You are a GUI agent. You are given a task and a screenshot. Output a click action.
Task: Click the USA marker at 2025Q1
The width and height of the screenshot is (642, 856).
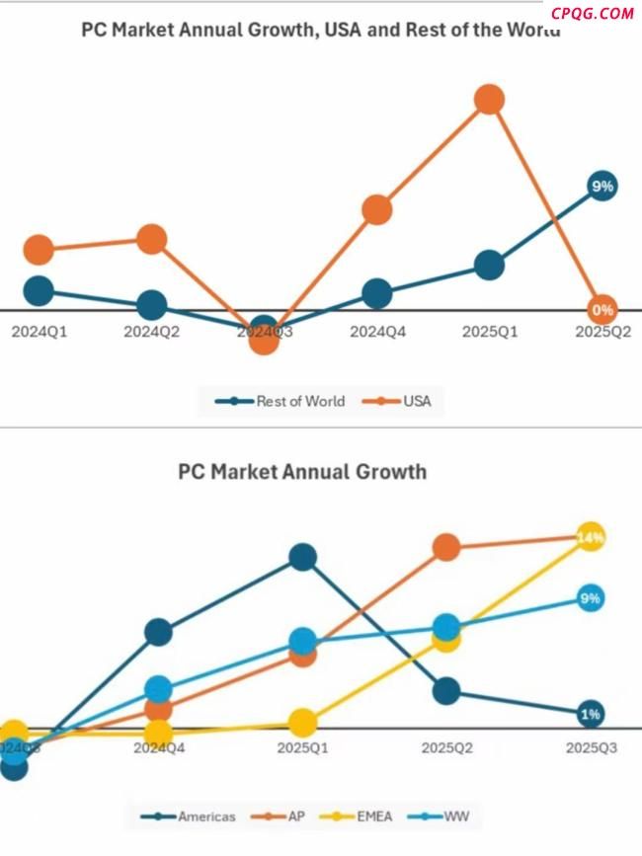489,99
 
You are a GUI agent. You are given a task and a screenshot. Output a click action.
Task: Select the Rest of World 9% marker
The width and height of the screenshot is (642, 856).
602,186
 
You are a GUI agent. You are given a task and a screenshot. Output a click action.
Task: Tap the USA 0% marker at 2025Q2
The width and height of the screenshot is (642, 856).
602,309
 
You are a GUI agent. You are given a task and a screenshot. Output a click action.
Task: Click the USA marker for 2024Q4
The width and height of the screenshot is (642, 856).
377,209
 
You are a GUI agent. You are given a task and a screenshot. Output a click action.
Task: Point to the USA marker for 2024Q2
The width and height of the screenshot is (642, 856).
151,238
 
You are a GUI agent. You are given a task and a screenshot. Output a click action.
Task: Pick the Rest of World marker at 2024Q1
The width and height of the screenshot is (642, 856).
39,290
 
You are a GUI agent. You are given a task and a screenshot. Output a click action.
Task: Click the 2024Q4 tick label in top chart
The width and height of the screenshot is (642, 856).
377,333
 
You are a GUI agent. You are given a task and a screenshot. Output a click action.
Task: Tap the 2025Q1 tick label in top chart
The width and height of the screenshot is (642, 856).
490,333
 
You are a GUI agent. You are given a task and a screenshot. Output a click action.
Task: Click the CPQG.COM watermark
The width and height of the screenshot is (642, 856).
593,13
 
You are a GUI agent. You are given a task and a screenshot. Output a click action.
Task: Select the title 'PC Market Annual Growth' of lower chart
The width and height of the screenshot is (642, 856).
302,471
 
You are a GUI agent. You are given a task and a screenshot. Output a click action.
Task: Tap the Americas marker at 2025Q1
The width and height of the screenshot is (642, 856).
302,558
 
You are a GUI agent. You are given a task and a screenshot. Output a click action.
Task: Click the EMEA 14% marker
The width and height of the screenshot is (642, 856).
591,537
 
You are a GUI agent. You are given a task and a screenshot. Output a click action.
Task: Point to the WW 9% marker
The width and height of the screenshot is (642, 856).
591,598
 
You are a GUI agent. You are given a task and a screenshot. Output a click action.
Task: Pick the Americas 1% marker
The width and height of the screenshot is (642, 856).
591,714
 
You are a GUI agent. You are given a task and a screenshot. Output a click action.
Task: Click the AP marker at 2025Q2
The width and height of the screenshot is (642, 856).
446,547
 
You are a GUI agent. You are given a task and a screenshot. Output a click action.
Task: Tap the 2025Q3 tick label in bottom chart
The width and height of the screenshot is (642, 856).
591,749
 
